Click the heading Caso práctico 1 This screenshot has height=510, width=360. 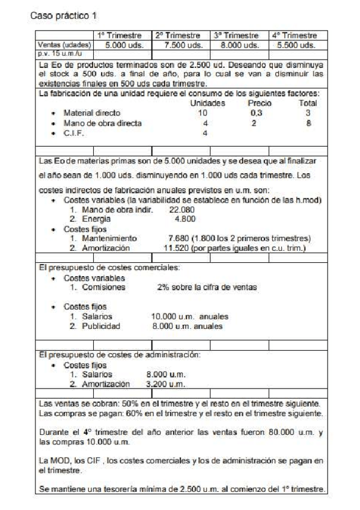pos(65,14)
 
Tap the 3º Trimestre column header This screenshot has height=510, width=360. pos(238,36)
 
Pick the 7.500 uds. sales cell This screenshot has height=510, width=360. pos(181,45)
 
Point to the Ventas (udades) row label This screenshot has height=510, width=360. pos(64,45)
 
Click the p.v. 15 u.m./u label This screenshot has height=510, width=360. pos(56,54)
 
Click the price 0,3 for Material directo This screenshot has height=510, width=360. pos(257,113)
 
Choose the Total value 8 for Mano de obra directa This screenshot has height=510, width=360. pos(308,123)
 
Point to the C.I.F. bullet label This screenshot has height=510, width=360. pos(73,134)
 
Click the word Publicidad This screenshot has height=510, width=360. pos(99,327)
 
